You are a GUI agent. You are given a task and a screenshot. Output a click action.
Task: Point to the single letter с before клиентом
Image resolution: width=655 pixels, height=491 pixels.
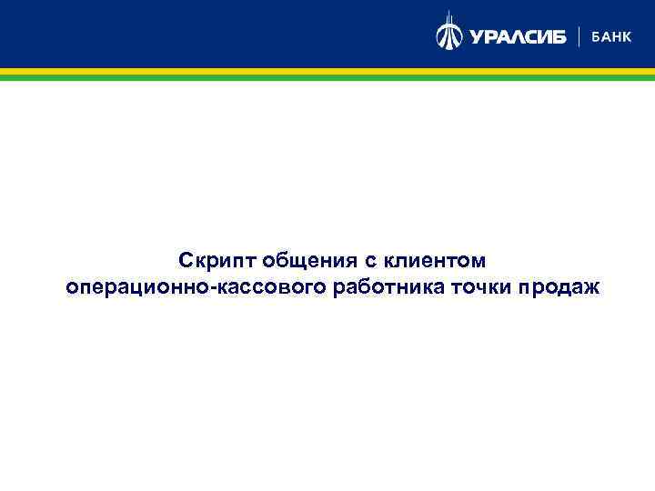pos(372,263)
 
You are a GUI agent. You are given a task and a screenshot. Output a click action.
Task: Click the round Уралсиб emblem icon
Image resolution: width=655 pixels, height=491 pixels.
pos(449,35)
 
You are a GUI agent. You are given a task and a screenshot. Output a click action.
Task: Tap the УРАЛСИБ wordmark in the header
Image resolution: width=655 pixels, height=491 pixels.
pos(517,36)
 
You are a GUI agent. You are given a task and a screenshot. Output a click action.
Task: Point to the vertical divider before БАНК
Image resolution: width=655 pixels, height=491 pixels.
pos(579,36)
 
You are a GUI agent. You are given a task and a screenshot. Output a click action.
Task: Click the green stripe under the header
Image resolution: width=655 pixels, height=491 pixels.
pos(327,78)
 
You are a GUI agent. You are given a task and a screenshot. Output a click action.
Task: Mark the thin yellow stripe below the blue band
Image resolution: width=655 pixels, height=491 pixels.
pos(327,72)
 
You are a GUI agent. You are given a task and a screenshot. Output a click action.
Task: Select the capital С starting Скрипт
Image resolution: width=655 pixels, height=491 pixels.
pos(186,262)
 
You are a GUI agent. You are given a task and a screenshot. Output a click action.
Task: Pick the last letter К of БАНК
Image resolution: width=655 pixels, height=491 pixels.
pos(627,36)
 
